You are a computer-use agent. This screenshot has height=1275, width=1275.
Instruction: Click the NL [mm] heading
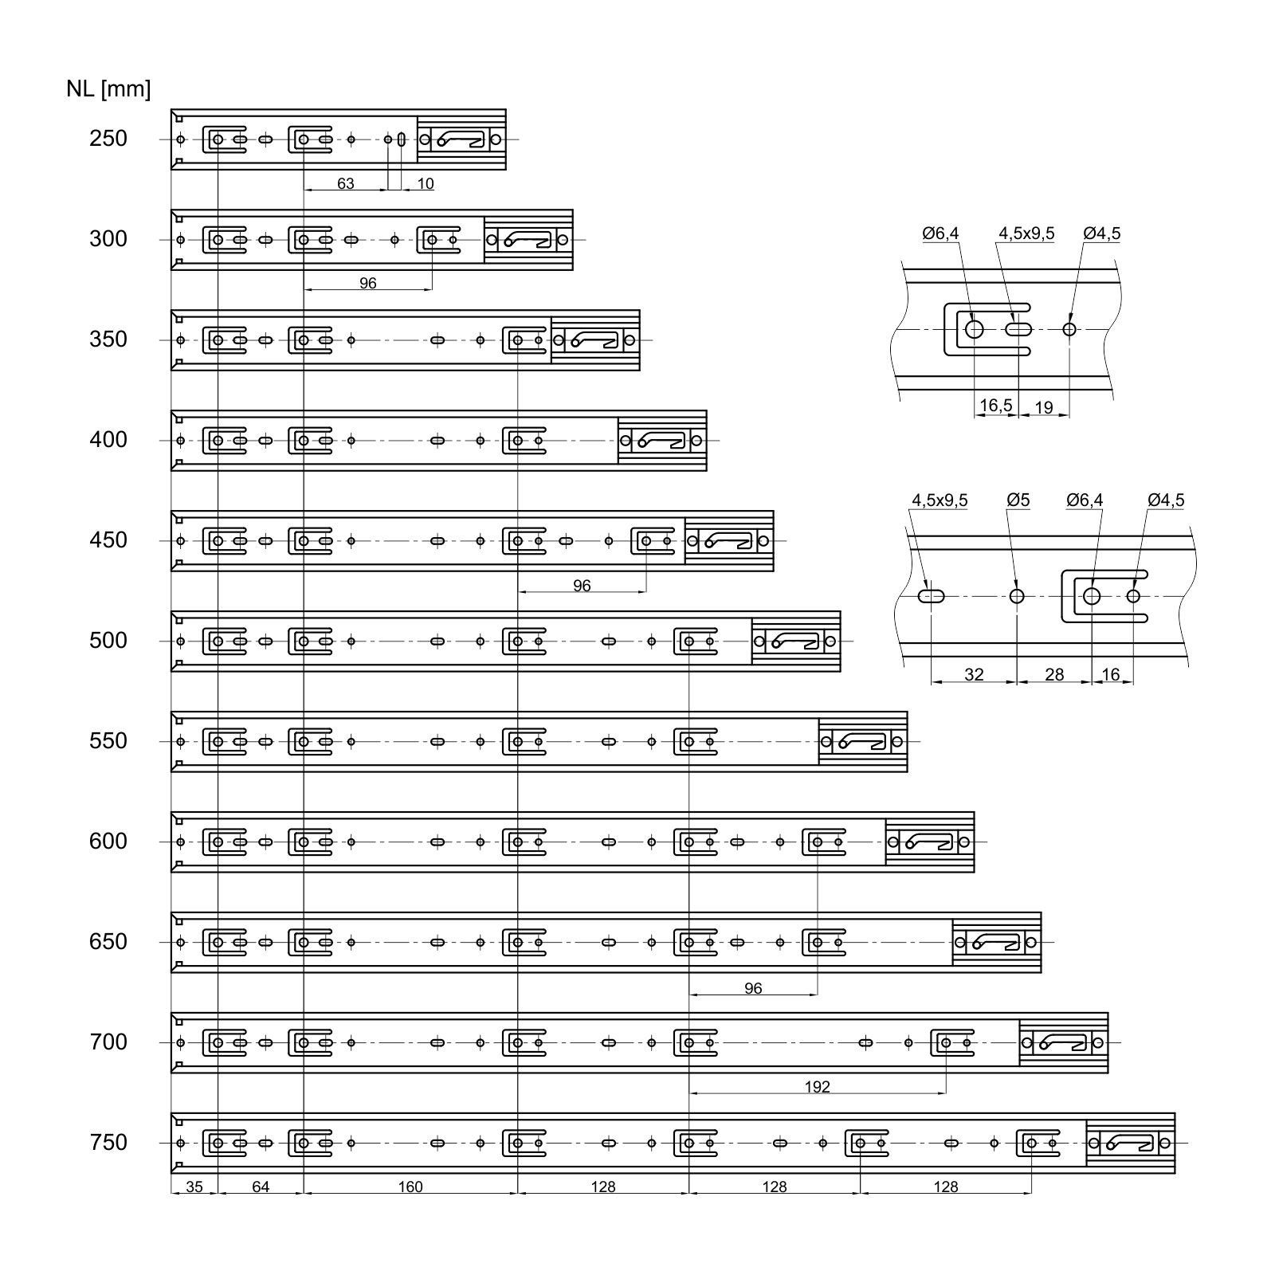pyautogui.click(x=108, y=89)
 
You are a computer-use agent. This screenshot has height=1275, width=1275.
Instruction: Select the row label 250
pyautogui.click(x=108, y=139)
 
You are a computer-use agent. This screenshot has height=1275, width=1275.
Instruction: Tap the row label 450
pyautogui.click(x=108, y=540)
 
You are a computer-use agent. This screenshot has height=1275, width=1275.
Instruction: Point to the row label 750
pyautogui.click(x=108, y=1143)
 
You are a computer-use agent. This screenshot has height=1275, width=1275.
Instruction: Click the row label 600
pyautogui.click(x=108, y=841)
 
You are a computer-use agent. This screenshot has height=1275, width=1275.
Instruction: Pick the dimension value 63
pyautogui.click(x=345, y=184)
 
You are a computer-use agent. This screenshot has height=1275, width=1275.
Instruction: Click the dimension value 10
pyautogui.click(x=426, y=184)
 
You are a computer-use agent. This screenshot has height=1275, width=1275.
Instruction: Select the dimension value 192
pyautogui.click(x=818, y=1087)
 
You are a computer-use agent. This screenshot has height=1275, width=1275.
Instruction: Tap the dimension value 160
pyautogui.click(x=410, y=1187)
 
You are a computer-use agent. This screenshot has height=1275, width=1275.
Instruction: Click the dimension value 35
pyautogui.click(x=194, y=1187)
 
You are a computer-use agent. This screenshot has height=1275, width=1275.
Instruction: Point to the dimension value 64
pyautogui.click(x=261, y=1187)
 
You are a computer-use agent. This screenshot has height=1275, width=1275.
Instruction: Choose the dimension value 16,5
pyautogui.click(x=995, y=406)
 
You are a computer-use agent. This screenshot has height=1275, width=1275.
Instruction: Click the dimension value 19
pyautogui.click(x=1043, y=408)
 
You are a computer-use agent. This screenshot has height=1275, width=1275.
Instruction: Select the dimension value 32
pyautogui.click(x=974, y=675)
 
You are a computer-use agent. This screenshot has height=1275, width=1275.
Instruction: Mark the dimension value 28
pyautogui.click(x=1054, y=675)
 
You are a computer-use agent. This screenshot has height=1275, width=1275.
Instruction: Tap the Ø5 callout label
pyautogui.click(x=1018, y=500)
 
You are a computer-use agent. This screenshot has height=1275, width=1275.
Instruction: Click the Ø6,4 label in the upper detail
pyautogui.click(x=940, y=233)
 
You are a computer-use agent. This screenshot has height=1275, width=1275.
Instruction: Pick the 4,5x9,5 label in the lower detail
pyautogui.click(x=940, y=500)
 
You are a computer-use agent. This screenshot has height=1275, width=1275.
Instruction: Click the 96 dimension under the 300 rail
pyautogui.click(x=367, y=283)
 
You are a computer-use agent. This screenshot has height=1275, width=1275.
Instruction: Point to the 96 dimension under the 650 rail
pyautogui.click(x=753, y=989)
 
